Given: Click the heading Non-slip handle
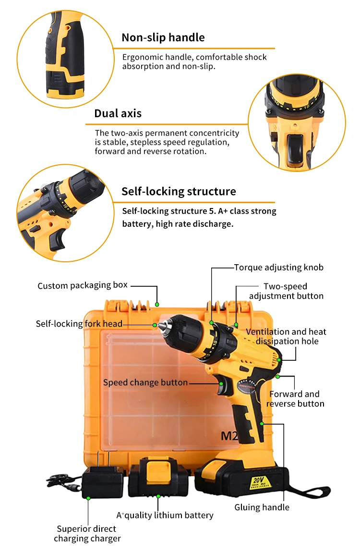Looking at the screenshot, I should click(163, 37).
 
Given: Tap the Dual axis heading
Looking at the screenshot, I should click(118, 113).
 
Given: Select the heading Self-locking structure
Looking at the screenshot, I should click(179, 191).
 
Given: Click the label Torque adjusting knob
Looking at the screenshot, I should click(278, 267).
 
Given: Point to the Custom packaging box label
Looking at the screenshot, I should click(83, 285).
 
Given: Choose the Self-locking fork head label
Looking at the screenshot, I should click(79, 324).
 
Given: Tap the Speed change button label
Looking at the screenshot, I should click(145, 382).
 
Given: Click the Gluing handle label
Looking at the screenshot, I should click(262, 507).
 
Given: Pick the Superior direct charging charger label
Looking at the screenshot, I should click(87, 534).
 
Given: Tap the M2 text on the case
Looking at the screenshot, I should click(229, 436).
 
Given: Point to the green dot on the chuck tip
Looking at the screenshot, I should click(155, 325).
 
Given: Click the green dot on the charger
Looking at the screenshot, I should click(88, 498).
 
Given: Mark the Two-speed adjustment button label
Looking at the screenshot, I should click(286, 291).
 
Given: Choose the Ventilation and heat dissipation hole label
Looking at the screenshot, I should click(287, 336).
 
